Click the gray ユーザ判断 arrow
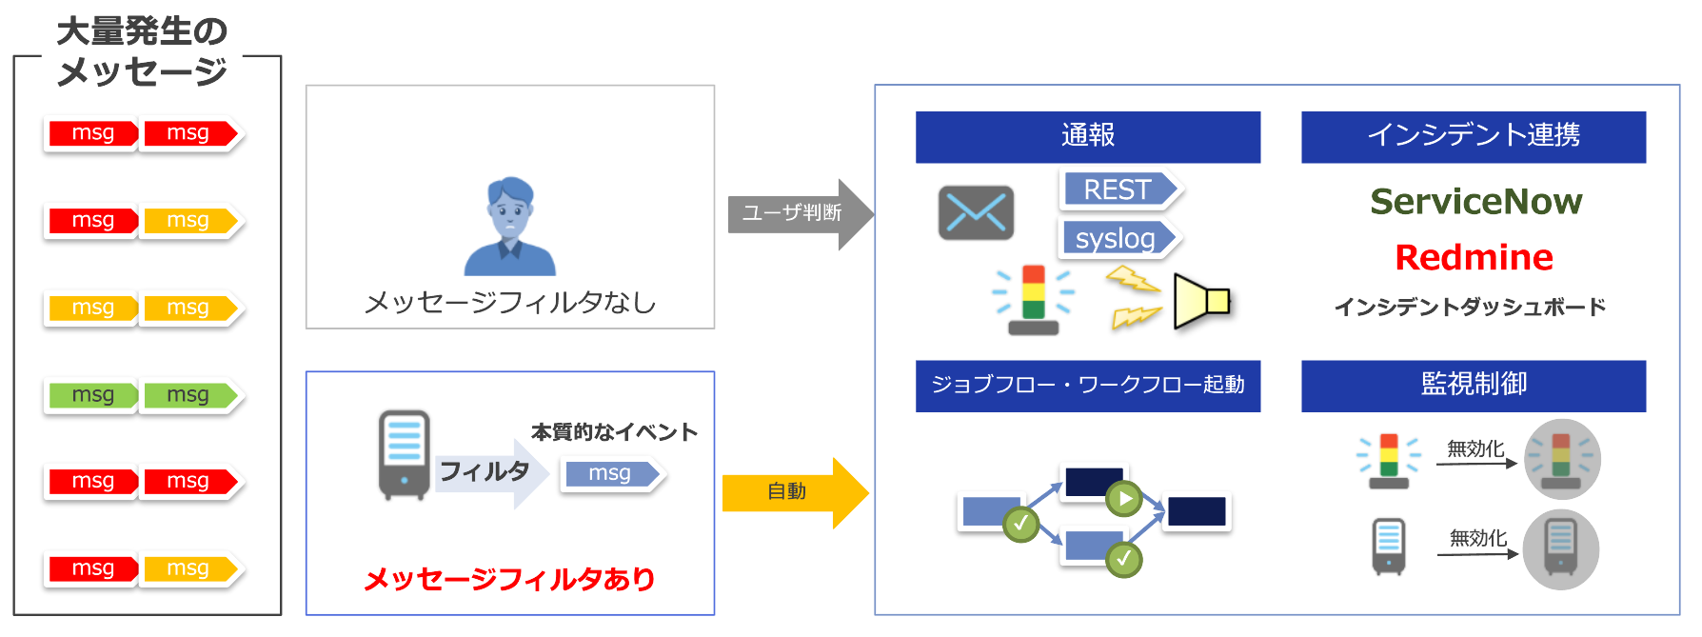pos(798,213)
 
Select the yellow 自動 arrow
pos(793,492)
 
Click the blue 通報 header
pos(1087,136)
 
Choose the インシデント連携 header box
pos(1473,136)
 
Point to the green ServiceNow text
pos(1475,202)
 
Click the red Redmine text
pos(1474,257)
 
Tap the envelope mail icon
pos(976,212)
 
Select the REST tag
pos(1119,189)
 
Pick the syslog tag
pos(1118,238)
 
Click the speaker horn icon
pos(1201,301)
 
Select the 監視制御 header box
pos(1473,385)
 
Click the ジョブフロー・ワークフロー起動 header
pos(1087,385)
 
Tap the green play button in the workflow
pos(1124,498)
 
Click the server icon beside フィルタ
pos(405,454)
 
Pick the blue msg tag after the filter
pos(611,473)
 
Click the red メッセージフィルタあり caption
pos(509,579)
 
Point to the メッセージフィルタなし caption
pos(510,303)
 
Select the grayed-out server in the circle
pos(1560,548)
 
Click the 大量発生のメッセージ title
pos(142,51)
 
